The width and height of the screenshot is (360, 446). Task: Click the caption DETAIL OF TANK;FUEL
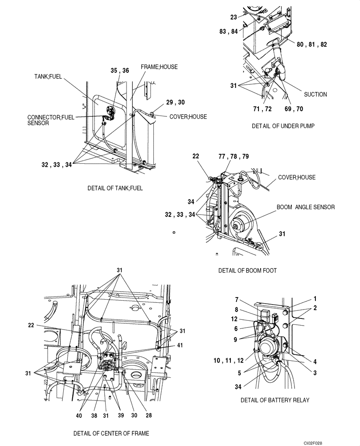115,188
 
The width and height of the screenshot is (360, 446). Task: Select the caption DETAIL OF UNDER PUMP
283,126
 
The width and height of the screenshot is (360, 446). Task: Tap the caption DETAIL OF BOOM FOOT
247,271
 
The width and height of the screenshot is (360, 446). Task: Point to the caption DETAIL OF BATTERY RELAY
274,400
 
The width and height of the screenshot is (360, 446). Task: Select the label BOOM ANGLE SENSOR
305,207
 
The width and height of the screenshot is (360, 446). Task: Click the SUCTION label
315,95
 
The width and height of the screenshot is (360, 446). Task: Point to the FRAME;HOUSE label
159,67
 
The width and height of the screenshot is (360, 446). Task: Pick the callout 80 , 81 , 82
312,45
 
